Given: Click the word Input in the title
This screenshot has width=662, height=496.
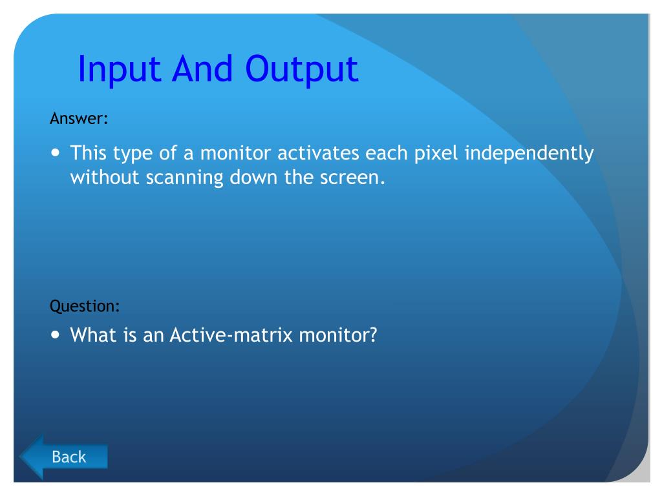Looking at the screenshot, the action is [x=120, y=70].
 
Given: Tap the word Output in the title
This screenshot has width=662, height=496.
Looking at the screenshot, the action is [x=301, y=70].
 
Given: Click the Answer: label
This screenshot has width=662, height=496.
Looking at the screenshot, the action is [x=79, y=119].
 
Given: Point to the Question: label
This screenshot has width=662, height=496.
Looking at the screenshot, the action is [x=85, y=306].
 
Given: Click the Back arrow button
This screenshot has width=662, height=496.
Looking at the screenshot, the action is [x=63, y=457].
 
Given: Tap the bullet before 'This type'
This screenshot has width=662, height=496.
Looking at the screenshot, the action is [x=56, y=152].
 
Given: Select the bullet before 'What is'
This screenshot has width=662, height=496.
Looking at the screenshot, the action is [x=56, y=335].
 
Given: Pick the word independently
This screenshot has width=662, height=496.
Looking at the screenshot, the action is [x=529, y=153].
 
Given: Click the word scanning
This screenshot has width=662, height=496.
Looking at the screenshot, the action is [x=184, y=178].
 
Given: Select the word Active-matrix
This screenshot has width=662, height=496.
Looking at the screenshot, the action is [x=231, y=335].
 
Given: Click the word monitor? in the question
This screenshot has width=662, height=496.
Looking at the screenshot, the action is [x=337, y=335].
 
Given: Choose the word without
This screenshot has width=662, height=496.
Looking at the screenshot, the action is [x=105, y=178].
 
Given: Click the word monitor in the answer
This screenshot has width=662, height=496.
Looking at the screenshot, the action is [x=235, y=153].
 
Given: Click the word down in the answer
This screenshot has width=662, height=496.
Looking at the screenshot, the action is [x=253, y=178].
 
